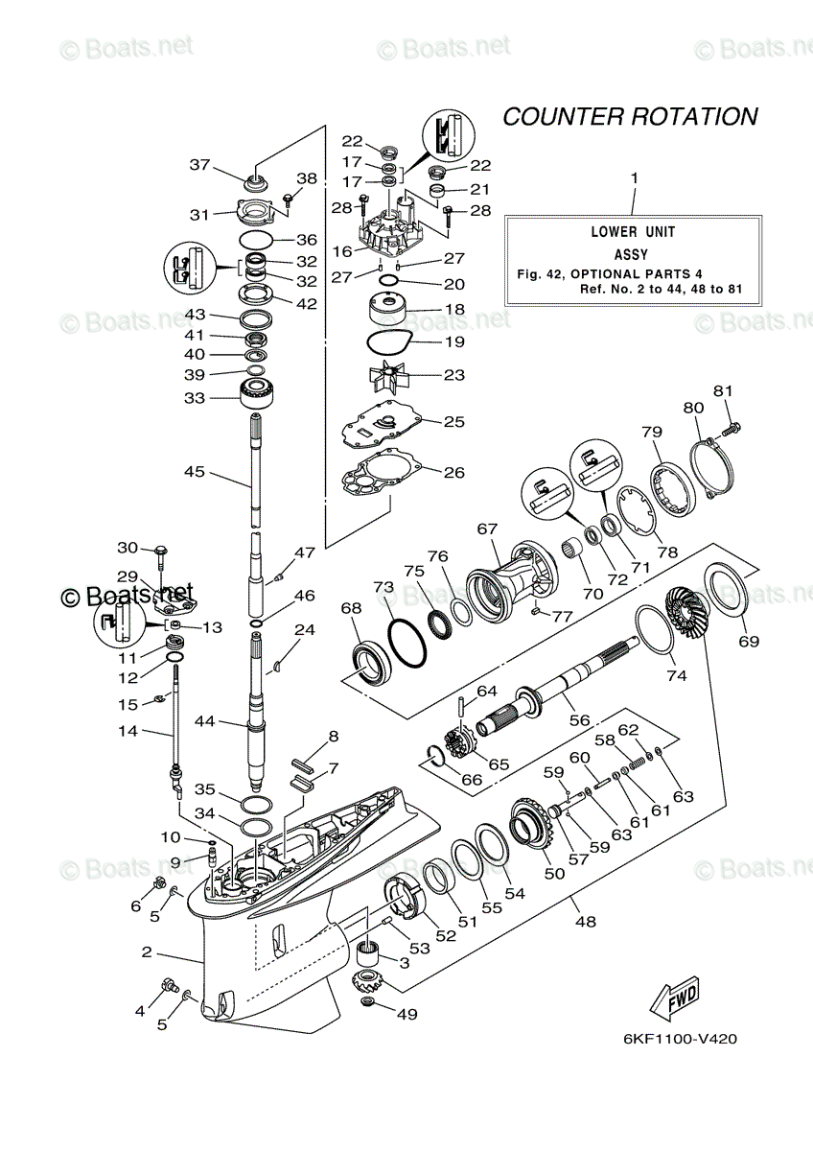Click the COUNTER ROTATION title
tap(630, 117)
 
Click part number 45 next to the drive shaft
tap(195, 472)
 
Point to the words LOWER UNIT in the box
tap(633, 232)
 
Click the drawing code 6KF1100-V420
tap(678, 1039)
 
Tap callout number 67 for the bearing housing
tap(487, 529)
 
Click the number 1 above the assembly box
tap(633, 177)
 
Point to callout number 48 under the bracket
tap(585, 922)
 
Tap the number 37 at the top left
tap(198, 165)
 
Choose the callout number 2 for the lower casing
tap(147, 952)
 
